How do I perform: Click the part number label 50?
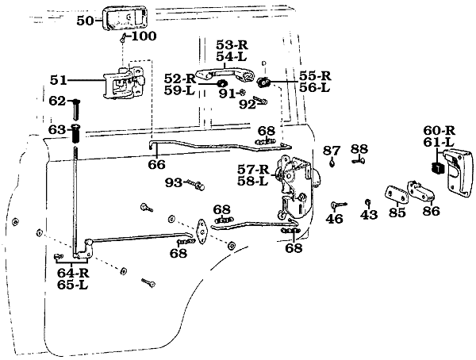coord(85,20)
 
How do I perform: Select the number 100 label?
coord(144,36)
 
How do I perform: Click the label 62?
coord(57,101)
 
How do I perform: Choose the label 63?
coord(57,129)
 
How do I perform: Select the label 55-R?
coord(314,75)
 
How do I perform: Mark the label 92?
coord(248,103)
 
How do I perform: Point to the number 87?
coord(332,150)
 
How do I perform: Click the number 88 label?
coord(359,149)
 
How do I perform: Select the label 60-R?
coord(438,130)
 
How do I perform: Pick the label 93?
coord(174,183)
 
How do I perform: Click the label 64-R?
coord(73,274)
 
